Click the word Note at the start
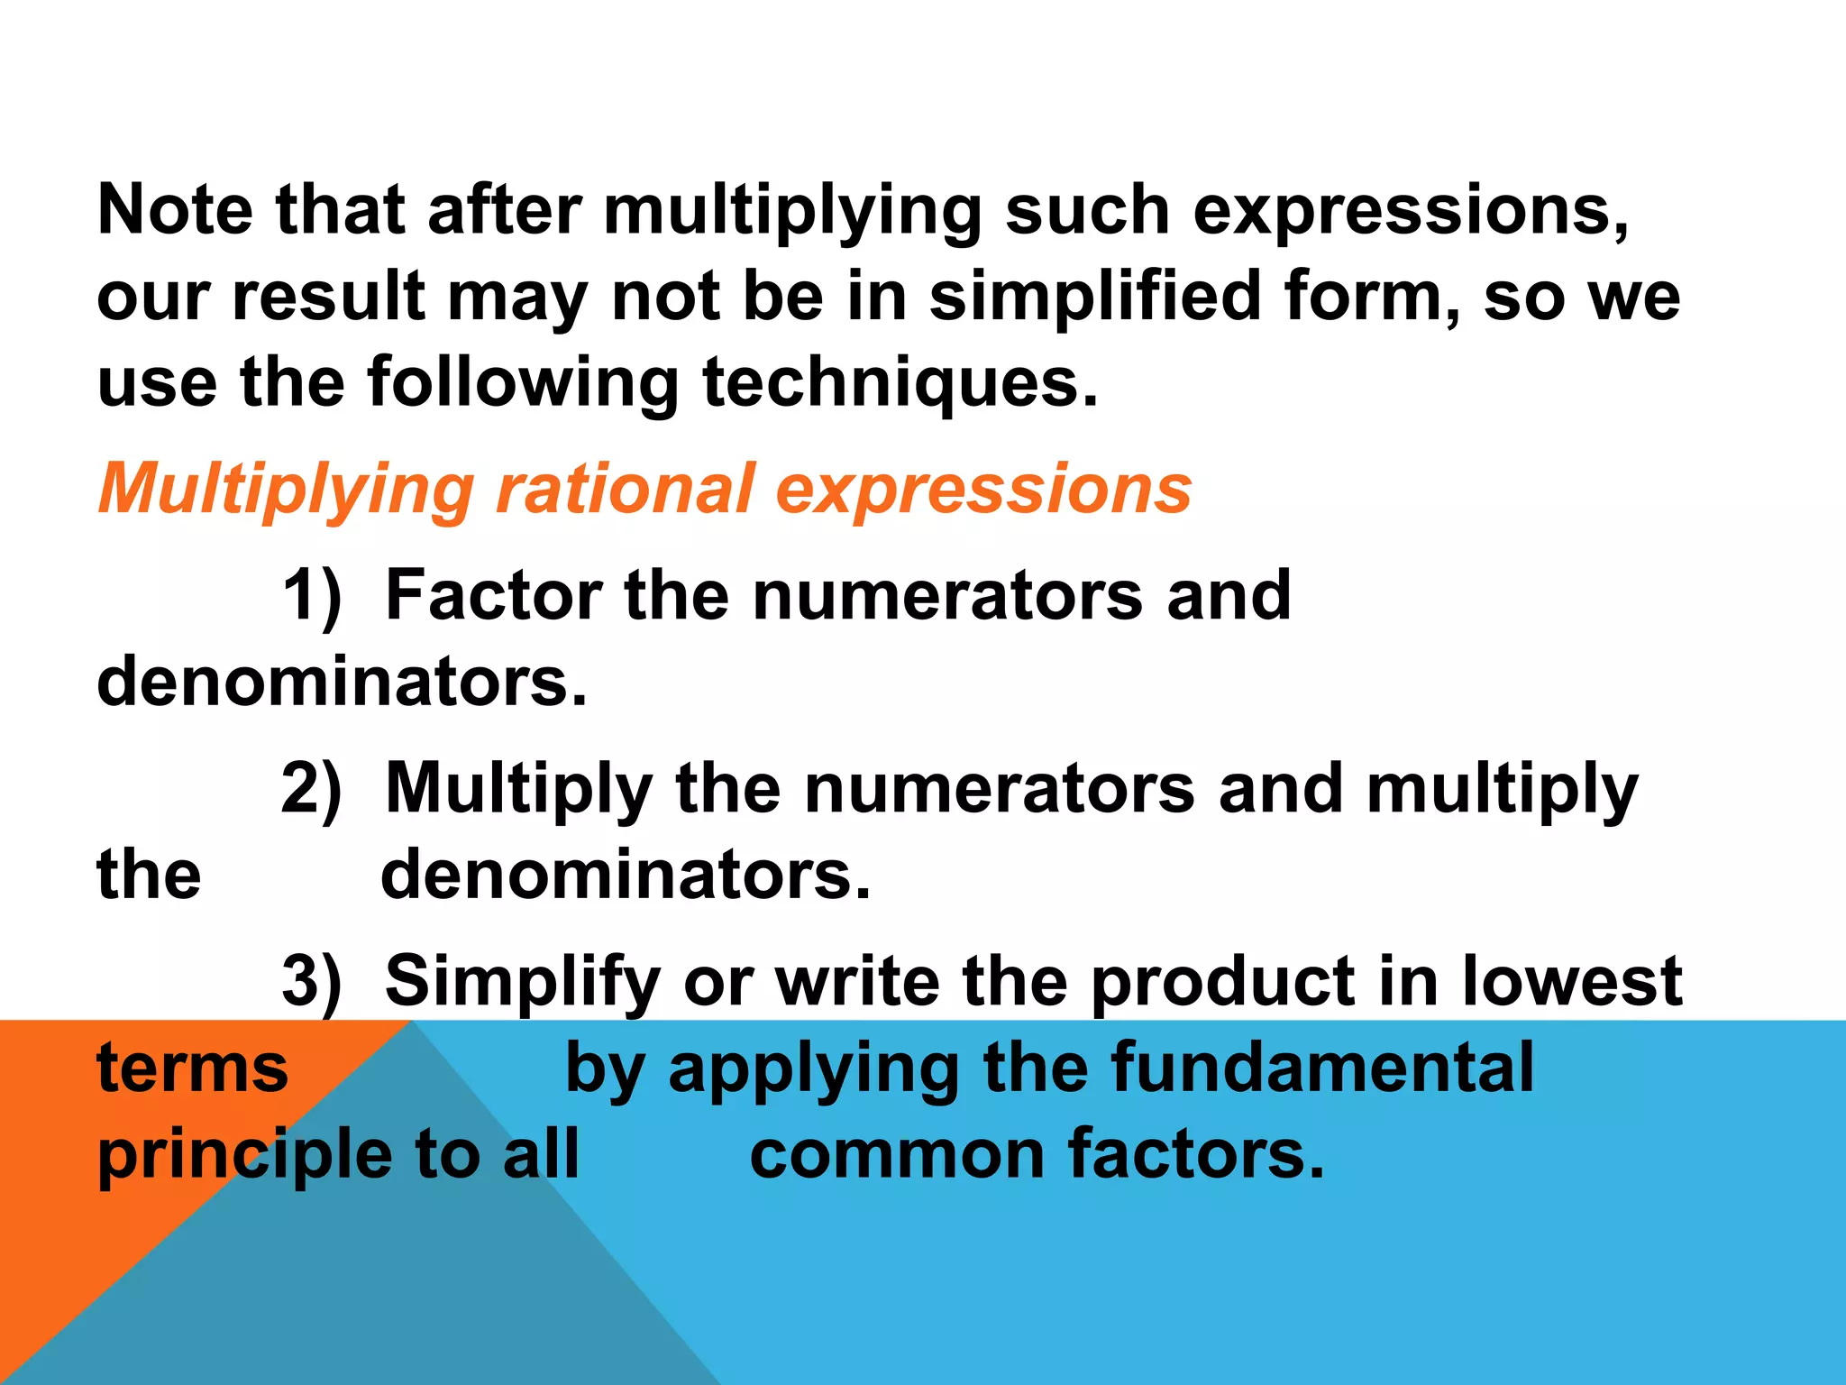pyautogui.click(x=175, y=210)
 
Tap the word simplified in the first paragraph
pyautogui.click(x=1094, y=297)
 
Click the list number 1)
pyautogui.click(x=312, y=596)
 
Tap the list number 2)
pyautogui.click(x=312, y=790)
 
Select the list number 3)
pyautogui.click(x=312, y=981)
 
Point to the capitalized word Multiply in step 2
pyautogui.click(x=519, y=790)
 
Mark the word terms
pyautogui.click(x=192, y=1069)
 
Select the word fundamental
pyautogui.click(x=1322, y=1068)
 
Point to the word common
pyautogui.click(x=896, y=1156)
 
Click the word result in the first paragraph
pyautogui.click(x=328, y=297)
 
